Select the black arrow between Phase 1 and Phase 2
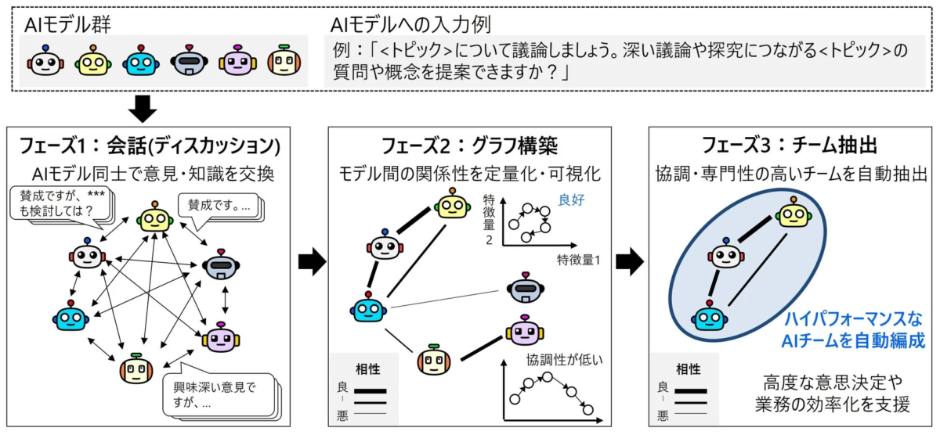[312, 264]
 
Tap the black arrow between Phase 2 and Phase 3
[629, 264]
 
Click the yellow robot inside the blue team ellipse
[793, 213]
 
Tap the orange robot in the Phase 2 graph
[434, 361]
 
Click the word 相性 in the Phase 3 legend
[687, 368]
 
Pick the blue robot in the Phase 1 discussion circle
[71, 316]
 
